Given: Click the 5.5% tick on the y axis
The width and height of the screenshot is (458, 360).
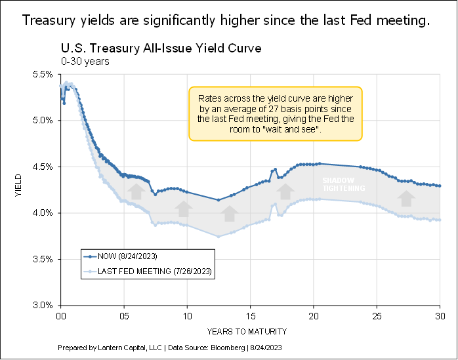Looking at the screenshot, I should tap(43, 75).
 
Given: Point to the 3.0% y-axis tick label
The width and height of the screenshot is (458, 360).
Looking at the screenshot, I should tap(43, 306).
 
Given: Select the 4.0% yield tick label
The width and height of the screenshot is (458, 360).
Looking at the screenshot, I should tap(43, 213).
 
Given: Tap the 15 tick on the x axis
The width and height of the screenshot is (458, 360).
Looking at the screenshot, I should tap(250, 315).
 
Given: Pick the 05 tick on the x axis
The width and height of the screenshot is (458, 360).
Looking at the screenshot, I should tap(124, 315).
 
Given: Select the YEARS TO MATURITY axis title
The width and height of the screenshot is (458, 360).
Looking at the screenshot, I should tap(250, 330).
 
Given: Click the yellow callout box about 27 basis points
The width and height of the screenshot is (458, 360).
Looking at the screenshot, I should tap(275, 113).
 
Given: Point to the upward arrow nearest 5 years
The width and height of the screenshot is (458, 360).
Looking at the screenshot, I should tap(135, 191).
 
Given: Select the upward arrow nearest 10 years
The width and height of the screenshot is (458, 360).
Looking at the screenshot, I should tap(184, 209).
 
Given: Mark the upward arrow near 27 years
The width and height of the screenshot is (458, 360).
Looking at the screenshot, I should tap(407, 197).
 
